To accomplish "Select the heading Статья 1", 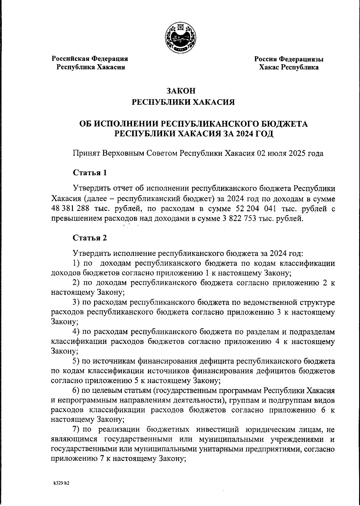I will [x=90, y=173].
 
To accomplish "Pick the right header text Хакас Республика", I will [x=289, y=67].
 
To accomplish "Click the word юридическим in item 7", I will [x=272, y=429].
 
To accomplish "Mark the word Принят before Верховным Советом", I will [x=86, y=153].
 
